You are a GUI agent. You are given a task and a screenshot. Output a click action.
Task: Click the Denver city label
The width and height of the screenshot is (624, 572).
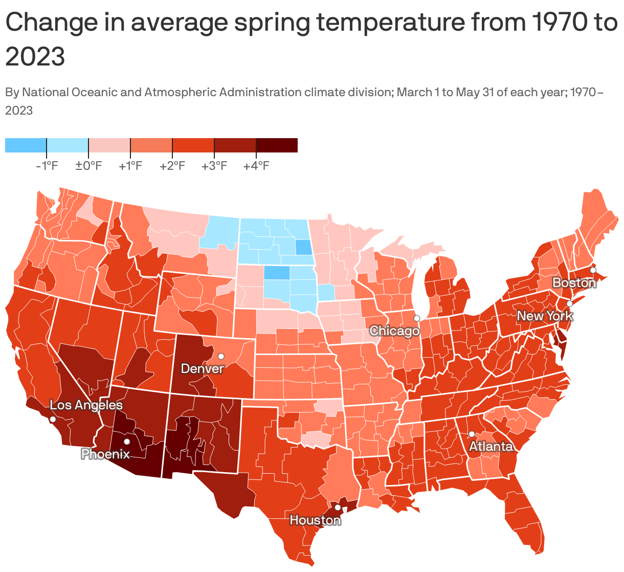coord(203,368)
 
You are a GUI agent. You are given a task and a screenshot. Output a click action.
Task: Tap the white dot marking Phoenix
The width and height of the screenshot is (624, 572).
coord(127,442)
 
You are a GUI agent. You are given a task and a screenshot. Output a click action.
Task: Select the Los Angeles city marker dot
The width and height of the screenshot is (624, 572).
coord(52,419)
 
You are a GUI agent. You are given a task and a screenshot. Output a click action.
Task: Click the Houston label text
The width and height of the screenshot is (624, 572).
coord(315,520)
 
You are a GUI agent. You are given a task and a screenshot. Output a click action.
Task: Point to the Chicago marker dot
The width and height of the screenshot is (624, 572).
coord(417,318)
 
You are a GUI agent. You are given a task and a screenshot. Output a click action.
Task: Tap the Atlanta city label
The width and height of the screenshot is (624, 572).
coord(491,447)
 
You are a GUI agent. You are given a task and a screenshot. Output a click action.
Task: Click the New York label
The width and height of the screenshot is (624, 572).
coord(545,316)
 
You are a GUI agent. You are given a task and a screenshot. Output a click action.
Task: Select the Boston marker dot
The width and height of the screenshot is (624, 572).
coord(593,270)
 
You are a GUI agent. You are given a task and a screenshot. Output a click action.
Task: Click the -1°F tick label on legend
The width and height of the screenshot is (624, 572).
coord(47,166)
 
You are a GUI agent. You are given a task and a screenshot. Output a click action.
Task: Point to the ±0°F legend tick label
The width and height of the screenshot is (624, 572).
coord(88,166)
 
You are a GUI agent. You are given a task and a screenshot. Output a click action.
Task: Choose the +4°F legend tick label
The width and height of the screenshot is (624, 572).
coord(256,166)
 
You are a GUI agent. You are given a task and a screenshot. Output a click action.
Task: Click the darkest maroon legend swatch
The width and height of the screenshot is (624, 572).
coord(277,145)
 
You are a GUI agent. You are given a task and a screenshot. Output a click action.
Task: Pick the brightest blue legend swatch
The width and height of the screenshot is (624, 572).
coord(26,145)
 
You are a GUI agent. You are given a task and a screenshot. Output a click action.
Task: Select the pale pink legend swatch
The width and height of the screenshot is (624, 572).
coord(109,145)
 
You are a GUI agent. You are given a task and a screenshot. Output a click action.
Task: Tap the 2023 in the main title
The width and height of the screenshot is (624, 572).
coord(35,56)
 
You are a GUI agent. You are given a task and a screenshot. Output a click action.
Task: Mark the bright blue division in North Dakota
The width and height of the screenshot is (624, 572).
coord(304,248)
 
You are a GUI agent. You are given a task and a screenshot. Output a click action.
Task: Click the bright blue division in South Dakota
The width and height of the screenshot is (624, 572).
coord(277,273)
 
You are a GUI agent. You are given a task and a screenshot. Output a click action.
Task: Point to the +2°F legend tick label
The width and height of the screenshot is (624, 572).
coord(172,166)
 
